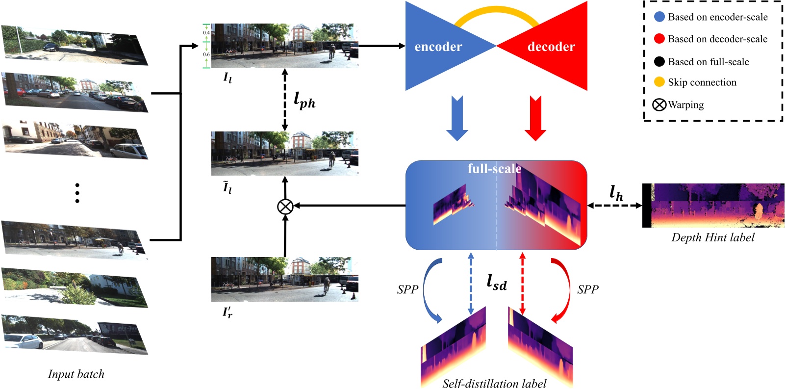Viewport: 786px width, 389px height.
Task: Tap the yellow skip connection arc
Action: [496, 11]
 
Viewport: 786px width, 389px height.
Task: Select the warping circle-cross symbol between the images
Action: [285, 207]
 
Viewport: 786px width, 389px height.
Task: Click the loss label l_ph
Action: [304, 100]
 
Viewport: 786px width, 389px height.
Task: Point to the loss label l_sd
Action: [496, 283]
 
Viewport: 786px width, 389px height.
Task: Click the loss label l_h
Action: [616, 193]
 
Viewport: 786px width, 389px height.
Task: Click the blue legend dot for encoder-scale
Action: [659, 17]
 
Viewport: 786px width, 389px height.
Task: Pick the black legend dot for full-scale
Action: [659, 61]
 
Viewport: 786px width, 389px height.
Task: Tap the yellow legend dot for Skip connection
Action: [659, 82]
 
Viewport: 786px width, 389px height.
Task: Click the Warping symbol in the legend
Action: [659, 104]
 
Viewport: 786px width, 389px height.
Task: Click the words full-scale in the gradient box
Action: [494, 169]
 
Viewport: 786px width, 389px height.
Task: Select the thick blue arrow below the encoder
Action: [457, 119]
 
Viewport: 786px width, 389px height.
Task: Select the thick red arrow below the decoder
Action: [535, 119]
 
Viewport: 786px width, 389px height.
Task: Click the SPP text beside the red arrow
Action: [588, 289]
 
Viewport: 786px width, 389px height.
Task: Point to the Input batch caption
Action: [76, 374]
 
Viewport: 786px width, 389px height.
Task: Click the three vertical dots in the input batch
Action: [77, 193]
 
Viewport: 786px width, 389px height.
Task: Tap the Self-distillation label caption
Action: [494, 383]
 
